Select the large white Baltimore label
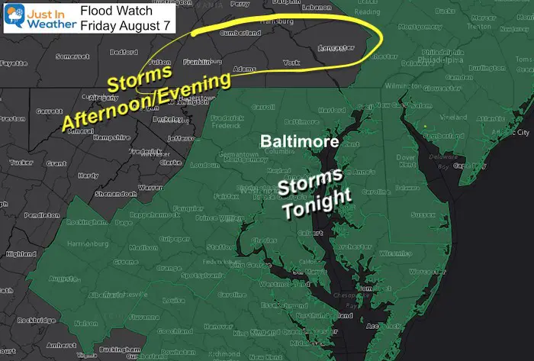pos(293,142)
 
